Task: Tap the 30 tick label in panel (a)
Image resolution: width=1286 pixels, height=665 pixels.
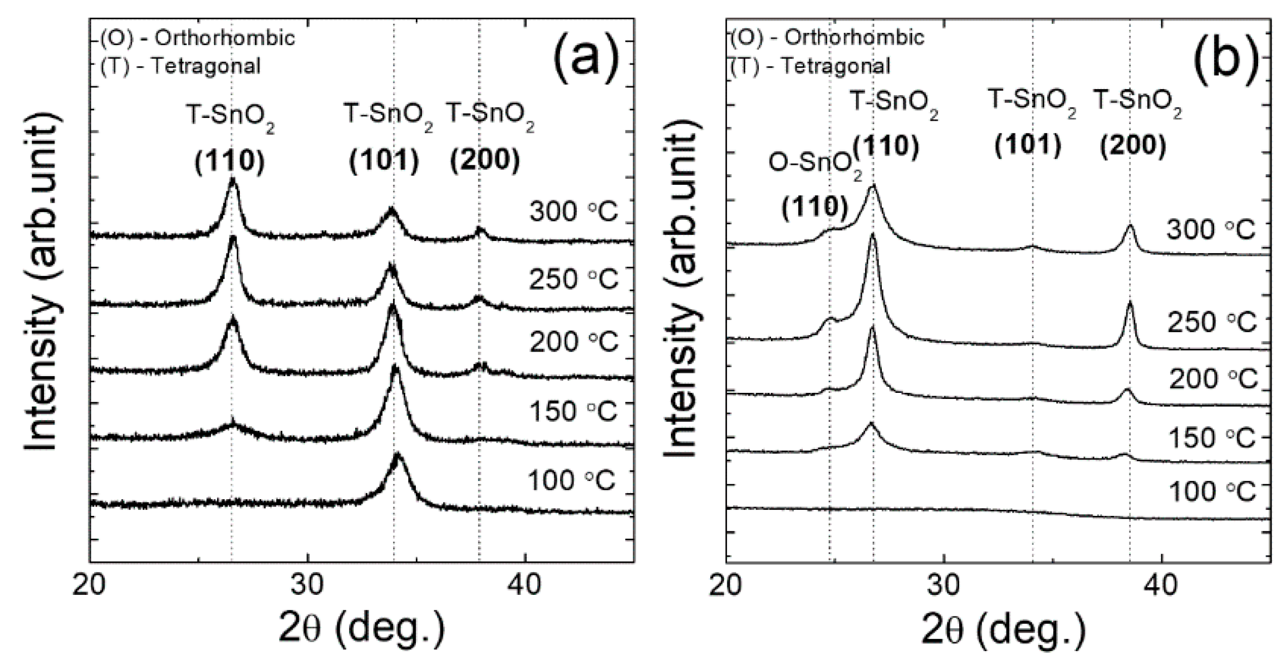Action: (307, 587)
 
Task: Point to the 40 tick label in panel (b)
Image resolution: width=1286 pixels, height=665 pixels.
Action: (1161, 587)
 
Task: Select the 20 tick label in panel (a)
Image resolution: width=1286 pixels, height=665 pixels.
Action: (90, 587)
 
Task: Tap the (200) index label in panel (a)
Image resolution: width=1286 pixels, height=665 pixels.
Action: (484, 161)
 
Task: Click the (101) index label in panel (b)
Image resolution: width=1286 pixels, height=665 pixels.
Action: (1028, 145)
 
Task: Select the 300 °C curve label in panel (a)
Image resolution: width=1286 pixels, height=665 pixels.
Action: (573, 212)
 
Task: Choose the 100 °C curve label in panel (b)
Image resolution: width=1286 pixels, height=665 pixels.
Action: (1212, 491)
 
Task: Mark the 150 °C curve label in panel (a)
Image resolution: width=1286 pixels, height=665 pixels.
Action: (573, 412)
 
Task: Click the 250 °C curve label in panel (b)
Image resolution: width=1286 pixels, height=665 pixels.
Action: (1212, 322)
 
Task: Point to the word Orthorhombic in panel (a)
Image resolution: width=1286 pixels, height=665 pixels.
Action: (224, 38)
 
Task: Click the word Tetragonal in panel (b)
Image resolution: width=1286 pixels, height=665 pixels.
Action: (835, 66)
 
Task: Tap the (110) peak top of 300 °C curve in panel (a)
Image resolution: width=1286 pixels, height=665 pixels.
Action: (232, 180)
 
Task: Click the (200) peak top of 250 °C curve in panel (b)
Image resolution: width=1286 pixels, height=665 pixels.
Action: (1130, 303)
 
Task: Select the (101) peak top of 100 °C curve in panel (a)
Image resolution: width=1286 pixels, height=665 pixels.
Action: (397, 455)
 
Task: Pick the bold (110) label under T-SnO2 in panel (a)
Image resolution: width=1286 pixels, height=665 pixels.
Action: (229, 161)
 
